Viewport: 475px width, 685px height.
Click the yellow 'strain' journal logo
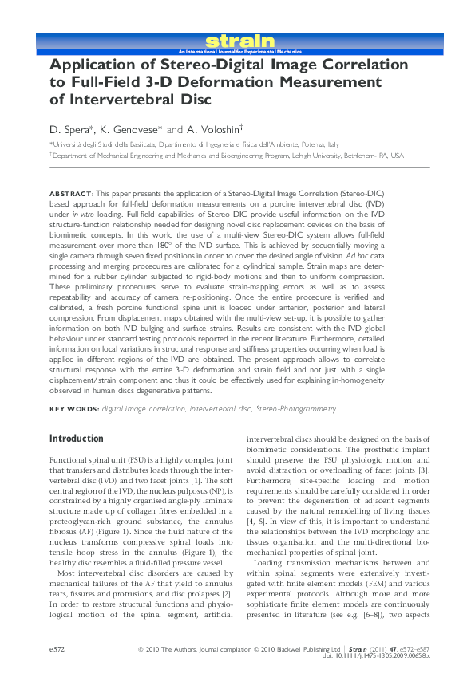point(239,41)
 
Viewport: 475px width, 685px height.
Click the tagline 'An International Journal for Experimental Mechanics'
point(239,50)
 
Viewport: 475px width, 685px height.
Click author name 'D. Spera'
point(71,128)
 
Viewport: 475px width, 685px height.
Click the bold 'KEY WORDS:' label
point(74,409)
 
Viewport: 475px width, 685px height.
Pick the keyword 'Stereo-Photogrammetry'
point(295,409)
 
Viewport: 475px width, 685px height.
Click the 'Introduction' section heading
point(76,439)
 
